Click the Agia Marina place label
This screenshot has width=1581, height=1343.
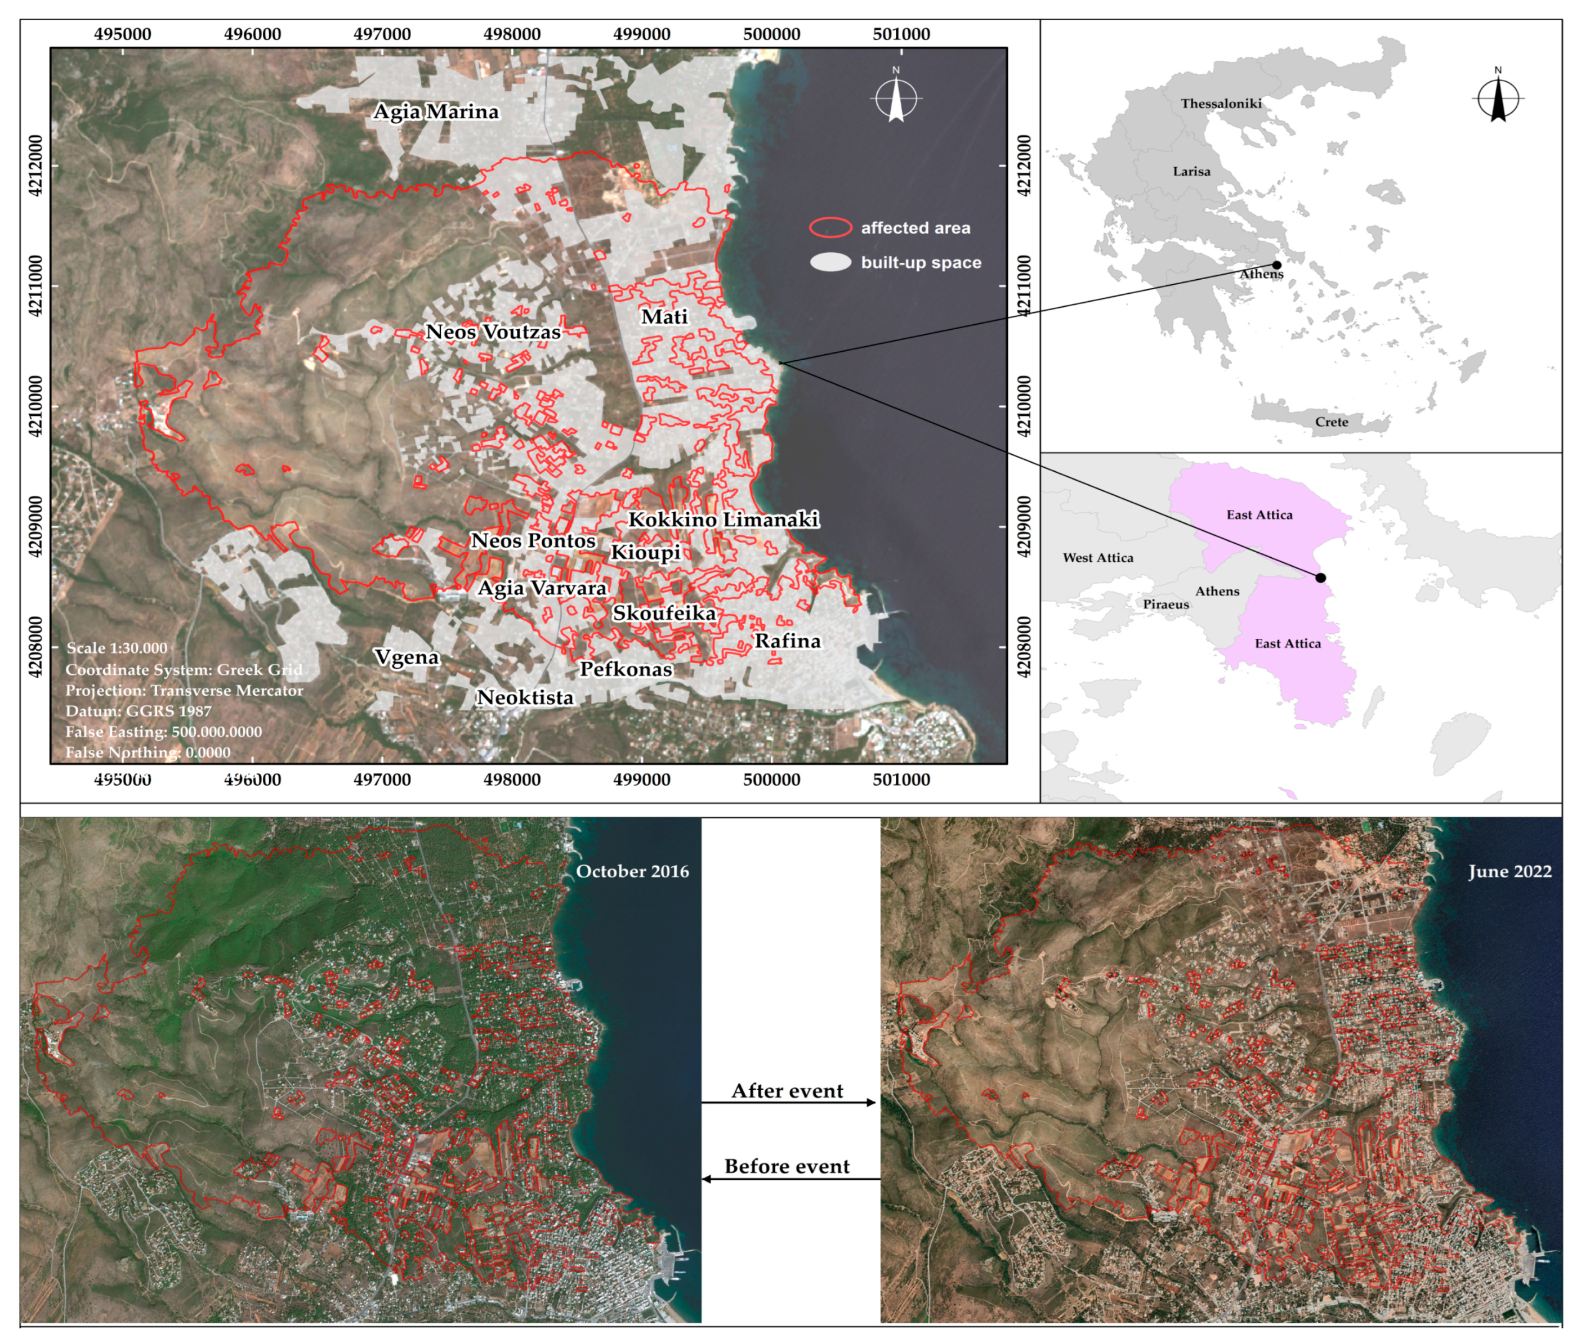(x=436, y=112)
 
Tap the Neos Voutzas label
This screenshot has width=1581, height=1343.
(x=493, y=332)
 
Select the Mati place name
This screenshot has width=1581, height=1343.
(x=664, y=317)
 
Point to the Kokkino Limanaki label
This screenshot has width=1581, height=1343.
(x=723, y=520)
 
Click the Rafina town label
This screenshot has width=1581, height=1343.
(x=788, y=641)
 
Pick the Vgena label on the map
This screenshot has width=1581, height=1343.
(x=407, y=657)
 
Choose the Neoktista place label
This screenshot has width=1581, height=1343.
(x=525, y=697)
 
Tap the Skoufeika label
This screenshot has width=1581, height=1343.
(x=664, y=613)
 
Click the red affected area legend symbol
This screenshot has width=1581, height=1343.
(x=830, y=227)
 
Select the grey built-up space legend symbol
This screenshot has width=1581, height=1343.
(x=830, y=263)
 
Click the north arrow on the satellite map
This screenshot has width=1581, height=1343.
(x=896, y=97)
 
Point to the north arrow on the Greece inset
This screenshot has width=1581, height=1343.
(x=1498, y=97)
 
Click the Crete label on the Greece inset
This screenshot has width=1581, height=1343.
(x=1331, y=422)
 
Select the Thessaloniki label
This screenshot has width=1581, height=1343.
(x=1221, y=104)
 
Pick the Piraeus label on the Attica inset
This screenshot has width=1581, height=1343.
(x=1165, y=605)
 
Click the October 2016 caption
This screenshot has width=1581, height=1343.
(x=632, y=872)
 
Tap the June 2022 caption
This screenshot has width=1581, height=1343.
(x=1509, y=872)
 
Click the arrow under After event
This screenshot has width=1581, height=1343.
(x=788, y=1103)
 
